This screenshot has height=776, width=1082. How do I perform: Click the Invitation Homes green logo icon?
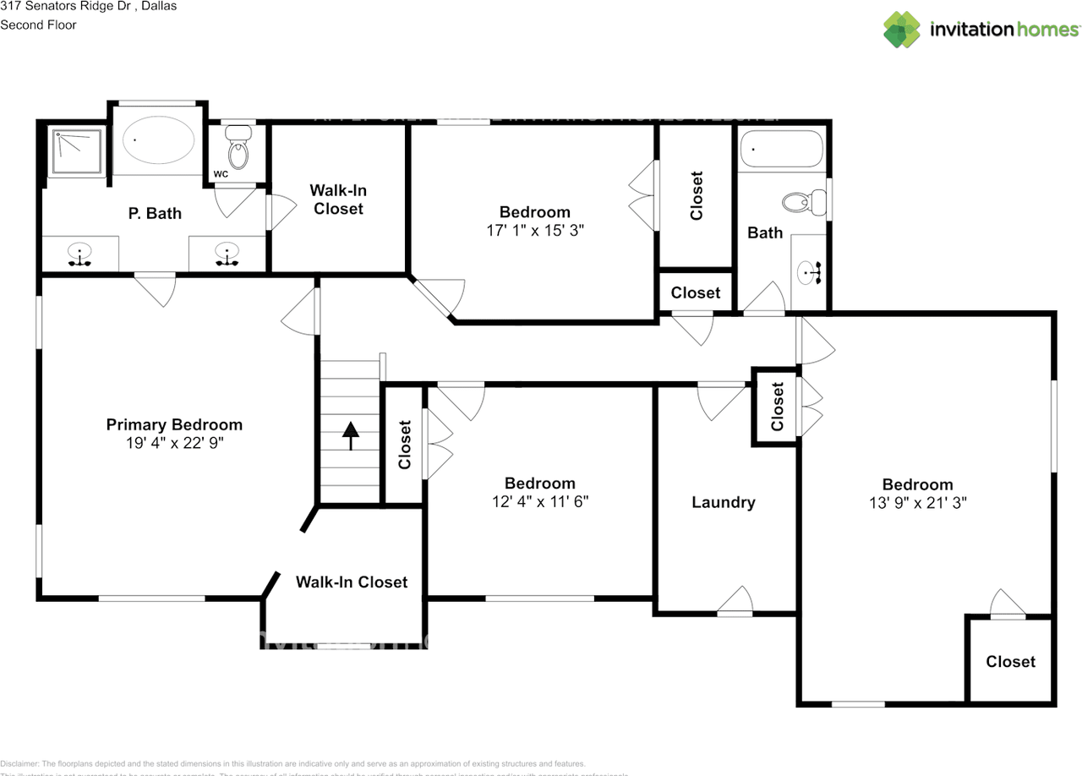coord(902,30)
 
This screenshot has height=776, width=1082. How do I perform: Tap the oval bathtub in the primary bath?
coord(158,140)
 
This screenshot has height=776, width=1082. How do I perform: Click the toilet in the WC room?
coord(240,150)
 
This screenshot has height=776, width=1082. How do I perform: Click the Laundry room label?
coord(723,502)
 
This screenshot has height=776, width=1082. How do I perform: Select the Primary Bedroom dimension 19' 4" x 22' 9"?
coord(174,442)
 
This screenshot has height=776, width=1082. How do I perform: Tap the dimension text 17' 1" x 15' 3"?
coord(534,229)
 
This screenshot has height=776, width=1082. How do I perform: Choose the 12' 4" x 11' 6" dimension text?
coord(539,500)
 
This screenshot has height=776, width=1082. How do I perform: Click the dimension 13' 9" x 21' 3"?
coord(917,502)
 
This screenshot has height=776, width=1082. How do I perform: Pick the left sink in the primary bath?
coord(80,254)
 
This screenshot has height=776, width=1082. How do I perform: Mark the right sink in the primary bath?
coord(227,254)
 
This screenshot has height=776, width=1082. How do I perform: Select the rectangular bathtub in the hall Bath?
coord(781,150)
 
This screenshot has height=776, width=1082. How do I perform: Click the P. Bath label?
coord(155,214)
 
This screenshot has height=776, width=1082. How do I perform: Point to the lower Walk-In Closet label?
coord(352,582)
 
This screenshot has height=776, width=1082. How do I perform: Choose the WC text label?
coord(221,174)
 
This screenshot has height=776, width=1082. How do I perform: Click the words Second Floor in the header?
coord(38,25)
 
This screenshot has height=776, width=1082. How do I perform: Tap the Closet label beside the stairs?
coord(405,445)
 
